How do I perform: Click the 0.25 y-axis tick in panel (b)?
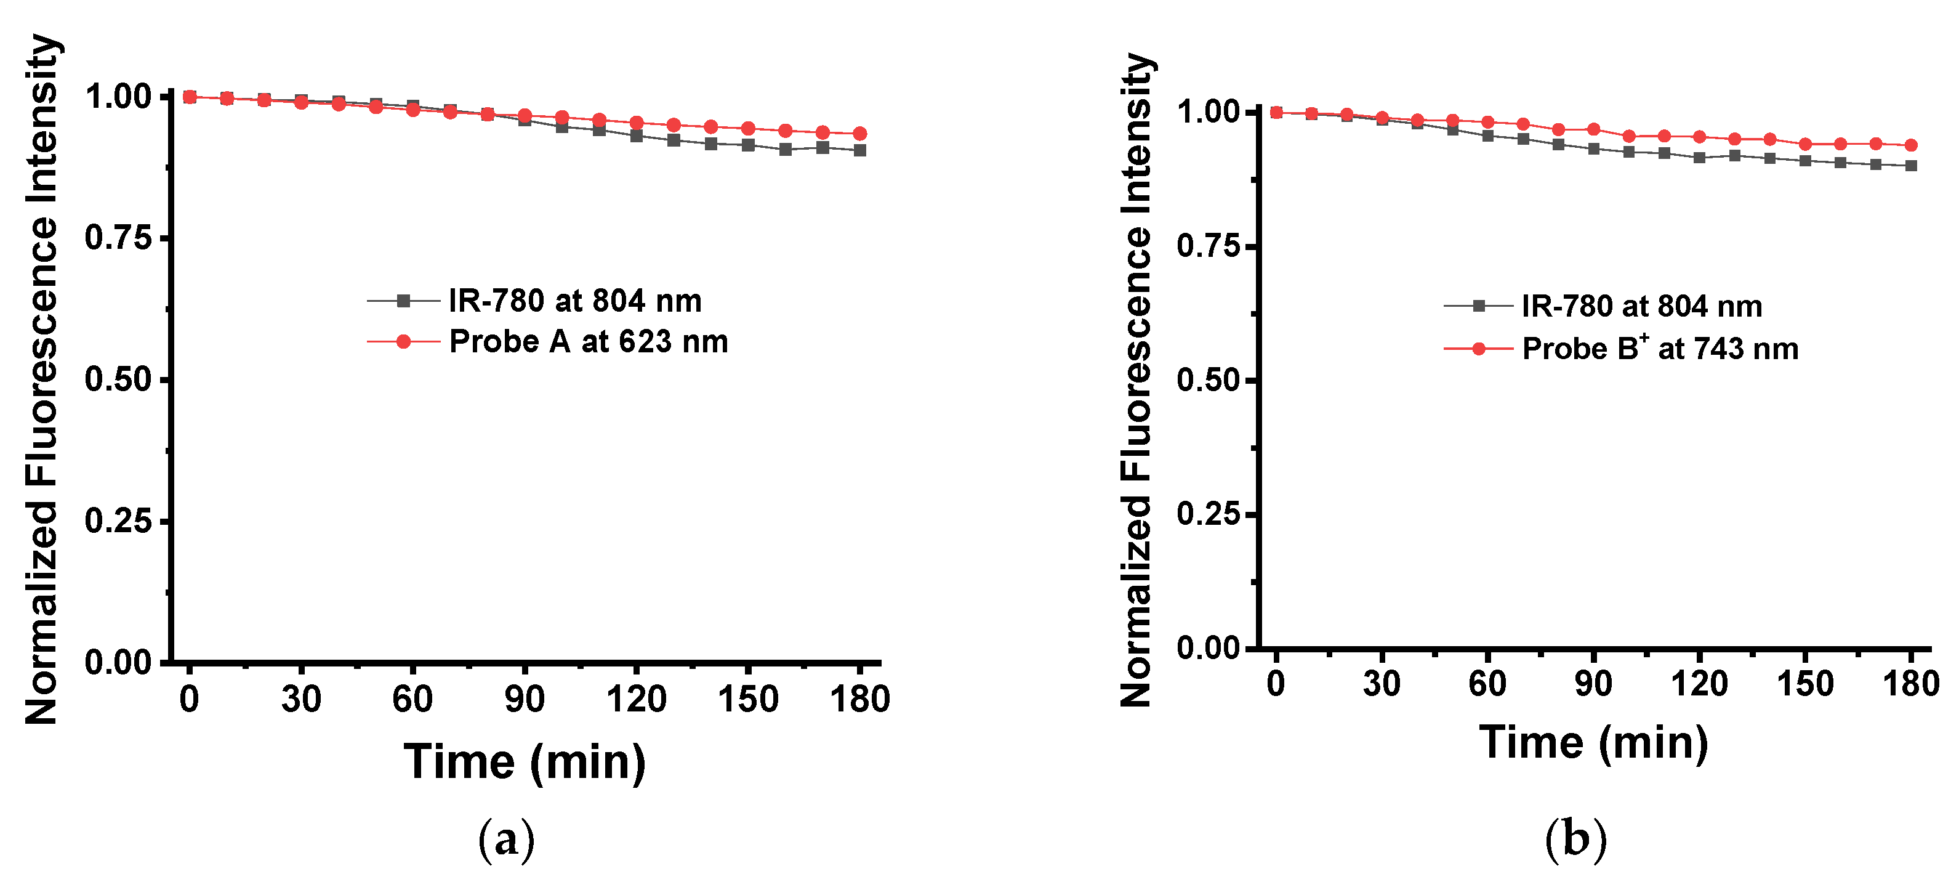click(x=1209, y=514)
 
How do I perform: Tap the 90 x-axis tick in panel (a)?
click(x=524, y=699)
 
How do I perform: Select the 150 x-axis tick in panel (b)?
click(x=1804, y=684)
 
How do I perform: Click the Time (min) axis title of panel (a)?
click(x=524, y=762)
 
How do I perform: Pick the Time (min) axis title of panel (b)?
click(x=1594, y=743)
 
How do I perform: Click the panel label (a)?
click(x=507, y=839)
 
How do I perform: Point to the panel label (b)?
click(x=1575, y=839)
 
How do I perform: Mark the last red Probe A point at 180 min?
click(x=860, y=134)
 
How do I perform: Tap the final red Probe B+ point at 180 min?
click(x=1910, y=145)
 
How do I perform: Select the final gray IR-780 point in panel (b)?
click(x=1910, y=166)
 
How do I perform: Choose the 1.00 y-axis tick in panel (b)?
click(x=1209, y=113)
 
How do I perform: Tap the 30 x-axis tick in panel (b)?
click(x=1382, y=684)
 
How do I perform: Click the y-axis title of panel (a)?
click(x=42, y=379)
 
